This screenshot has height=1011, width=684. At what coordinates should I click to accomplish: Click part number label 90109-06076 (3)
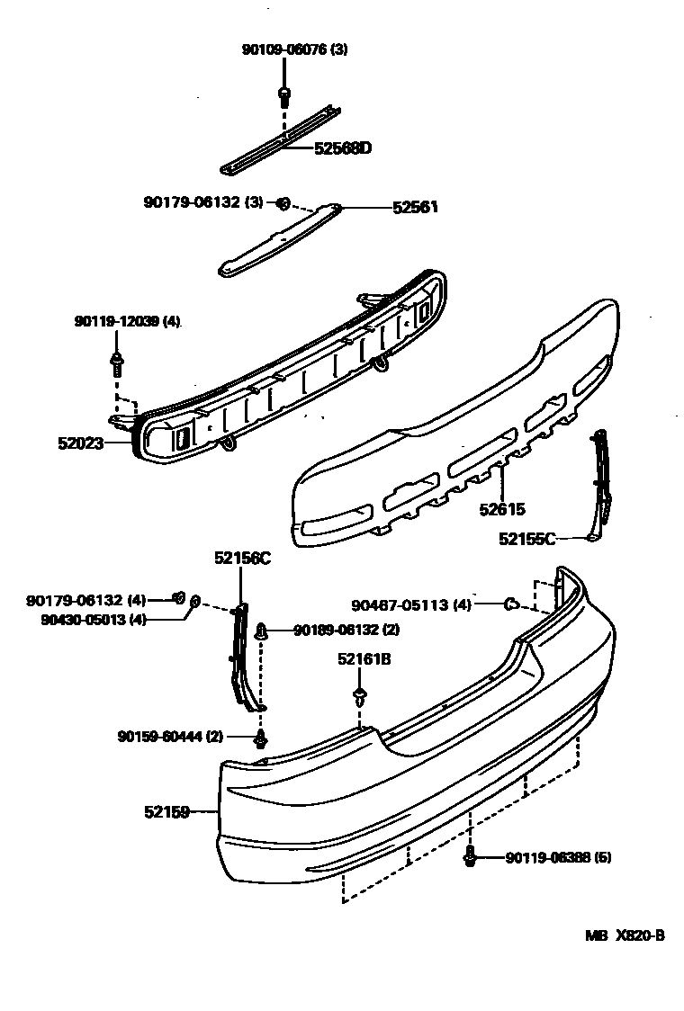pyautogui.click(x=294, y=49)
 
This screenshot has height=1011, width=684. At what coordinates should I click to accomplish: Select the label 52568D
pyautogui.click(x=342, y=148)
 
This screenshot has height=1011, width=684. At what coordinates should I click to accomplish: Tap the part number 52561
pyautogui.click(x=415, y=207)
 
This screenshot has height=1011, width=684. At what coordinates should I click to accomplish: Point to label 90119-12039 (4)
pyautogui.click(x=127, y=321)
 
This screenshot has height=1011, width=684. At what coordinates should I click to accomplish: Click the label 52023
pyautogui.click(x=81, y=443)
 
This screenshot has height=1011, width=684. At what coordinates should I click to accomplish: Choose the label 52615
pyautogui.click(x=502, y=509)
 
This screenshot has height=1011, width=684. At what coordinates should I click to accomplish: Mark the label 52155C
pyautogui.click(x=527, y=539)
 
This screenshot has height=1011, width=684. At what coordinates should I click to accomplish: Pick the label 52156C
pyautogui.click(x=242, y=559)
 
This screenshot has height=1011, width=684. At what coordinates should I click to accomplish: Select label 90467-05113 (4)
pyautogui.click(x=411, y=605)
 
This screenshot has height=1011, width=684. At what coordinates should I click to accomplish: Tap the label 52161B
pyautogui.click(x=364, y=659)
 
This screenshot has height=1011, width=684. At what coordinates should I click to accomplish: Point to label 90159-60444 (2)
pyautogui.click(x=170, y=736)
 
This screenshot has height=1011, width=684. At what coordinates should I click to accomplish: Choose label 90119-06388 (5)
pyautogui.click(x=558, y=858)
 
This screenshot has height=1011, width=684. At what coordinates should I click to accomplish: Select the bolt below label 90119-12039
pyautogui.click(x=118, y=362)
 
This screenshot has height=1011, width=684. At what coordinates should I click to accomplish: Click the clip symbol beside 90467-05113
pyautogui.click(x=510, y=604)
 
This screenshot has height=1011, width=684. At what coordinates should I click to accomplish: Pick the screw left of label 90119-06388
pyautogui.click(x=470, y=857)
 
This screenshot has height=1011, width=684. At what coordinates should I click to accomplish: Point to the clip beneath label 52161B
pyautogui.click(x=360, y=696)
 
